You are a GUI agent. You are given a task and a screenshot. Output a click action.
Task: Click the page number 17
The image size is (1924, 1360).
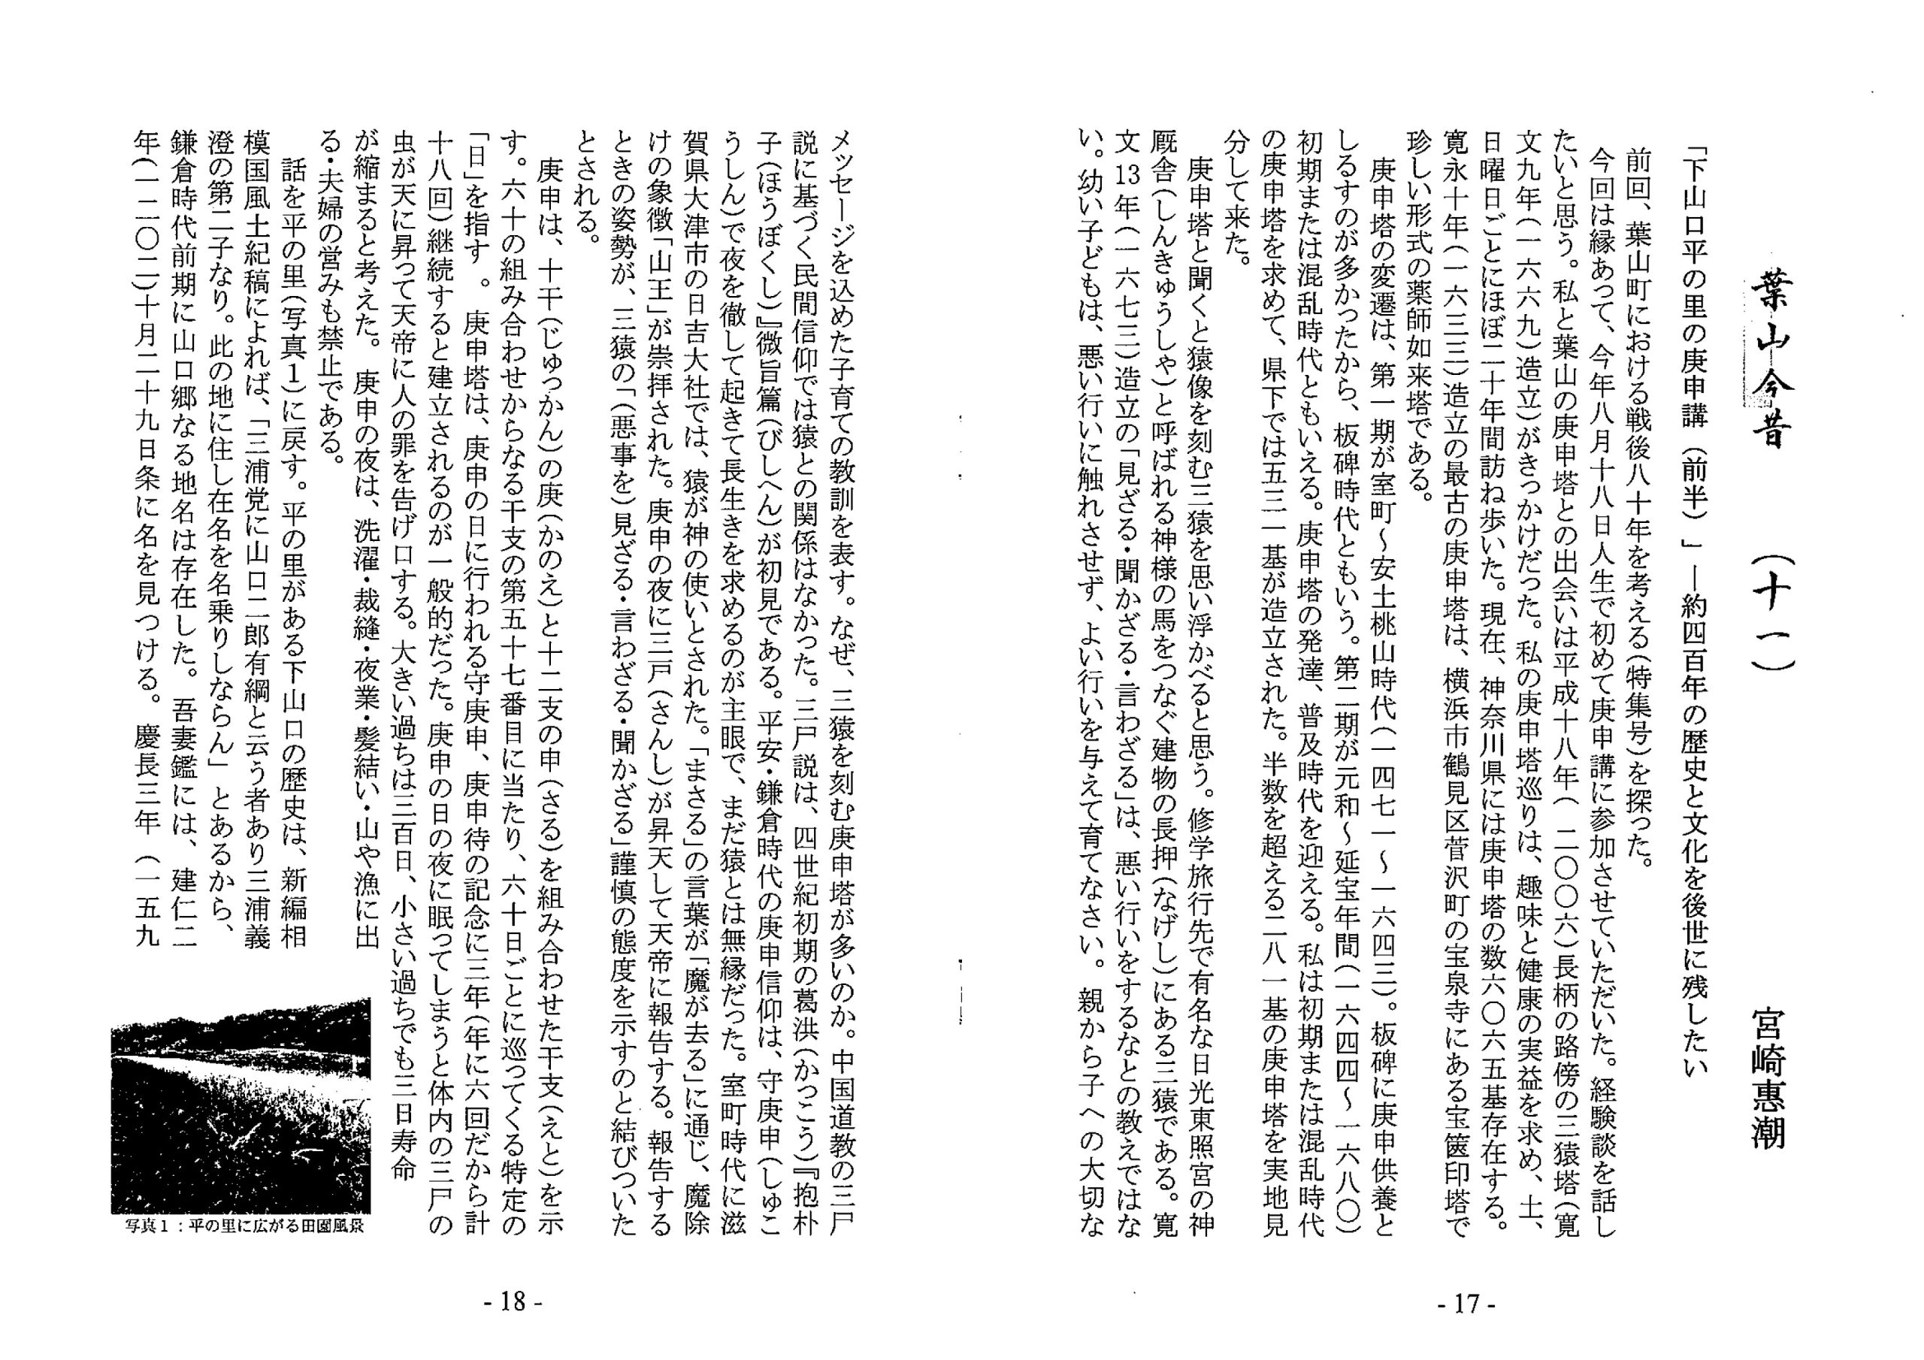coord(1466,1304)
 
